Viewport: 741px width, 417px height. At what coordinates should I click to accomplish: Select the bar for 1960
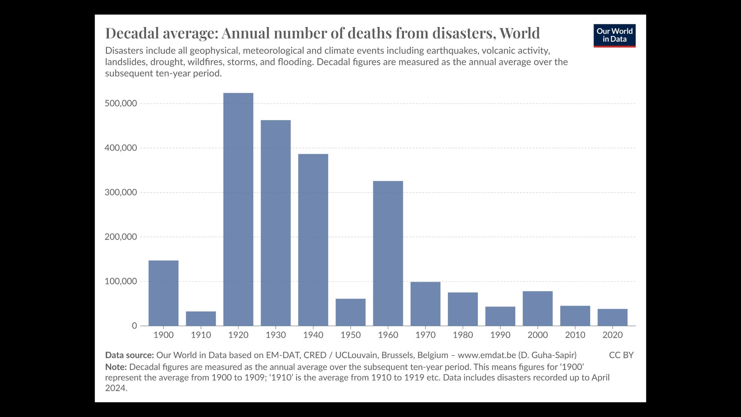pos(388,253)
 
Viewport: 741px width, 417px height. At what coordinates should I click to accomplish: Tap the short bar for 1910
pos(201,319)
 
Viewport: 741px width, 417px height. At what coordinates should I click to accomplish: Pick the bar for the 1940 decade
pos(313,240)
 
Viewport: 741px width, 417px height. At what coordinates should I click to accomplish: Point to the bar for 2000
pos(538,309)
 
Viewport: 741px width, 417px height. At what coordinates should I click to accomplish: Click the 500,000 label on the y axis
pos(121,103)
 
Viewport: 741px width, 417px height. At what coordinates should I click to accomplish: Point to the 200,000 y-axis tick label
pos(121,237)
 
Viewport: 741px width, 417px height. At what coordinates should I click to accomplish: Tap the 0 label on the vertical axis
pos(134,326)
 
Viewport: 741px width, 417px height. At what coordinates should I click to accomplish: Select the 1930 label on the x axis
pos(276,335)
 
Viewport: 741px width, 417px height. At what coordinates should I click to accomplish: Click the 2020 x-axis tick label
pos(612,335)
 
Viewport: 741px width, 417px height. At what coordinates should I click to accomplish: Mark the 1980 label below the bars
pos(463,335)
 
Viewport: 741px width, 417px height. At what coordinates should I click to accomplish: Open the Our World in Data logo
pos(614,36)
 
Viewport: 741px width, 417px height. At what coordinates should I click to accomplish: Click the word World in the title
pos(519,33)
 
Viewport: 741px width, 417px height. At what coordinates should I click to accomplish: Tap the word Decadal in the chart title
pos(132,33)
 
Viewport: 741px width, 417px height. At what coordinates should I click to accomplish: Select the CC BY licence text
pos(621,355)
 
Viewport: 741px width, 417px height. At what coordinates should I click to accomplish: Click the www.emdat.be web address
pos(487,355)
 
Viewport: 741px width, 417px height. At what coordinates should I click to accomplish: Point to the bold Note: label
pos(116,367)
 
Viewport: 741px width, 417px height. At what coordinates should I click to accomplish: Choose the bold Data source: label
pos(129,355)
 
